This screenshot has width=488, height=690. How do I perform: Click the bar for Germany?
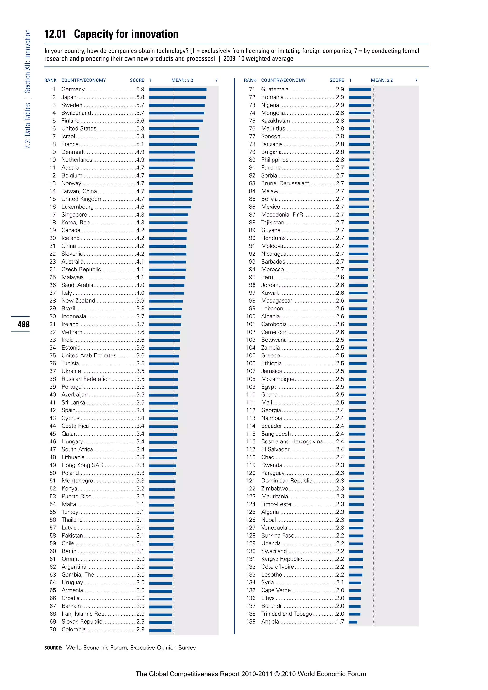(177, 90)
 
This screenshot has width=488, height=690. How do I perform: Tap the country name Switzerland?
(76, 113)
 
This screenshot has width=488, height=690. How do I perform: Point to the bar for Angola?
(353, 622)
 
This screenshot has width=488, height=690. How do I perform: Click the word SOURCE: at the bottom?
(53, 648)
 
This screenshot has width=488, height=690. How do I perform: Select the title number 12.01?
(55, 34)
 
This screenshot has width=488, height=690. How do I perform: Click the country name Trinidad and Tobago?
(286, 614)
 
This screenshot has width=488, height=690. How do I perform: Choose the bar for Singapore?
(168, 215)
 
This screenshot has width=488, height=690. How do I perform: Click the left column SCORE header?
(137, 80)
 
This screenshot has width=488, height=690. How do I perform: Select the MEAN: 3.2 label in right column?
(382, 80)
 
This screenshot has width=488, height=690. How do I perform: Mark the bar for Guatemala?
(360, 90)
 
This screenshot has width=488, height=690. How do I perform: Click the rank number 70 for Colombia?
(53, 629)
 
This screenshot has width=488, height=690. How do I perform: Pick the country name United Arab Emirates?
(89, 355)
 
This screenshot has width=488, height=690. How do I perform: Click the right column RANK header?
(250, 80)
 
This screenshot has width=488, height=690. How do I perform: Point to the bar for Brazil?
(165, 309)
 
